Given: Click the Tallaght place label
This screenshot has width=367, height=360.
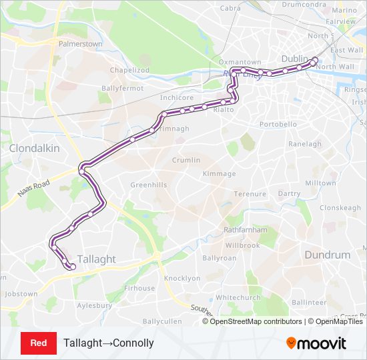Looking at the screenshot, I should [96, 259].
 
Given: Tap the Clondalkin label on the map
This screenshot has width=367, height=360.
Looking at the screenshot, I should [35, 148].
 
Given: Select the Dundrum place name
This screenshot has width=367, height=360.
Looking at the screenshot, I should [327, 255].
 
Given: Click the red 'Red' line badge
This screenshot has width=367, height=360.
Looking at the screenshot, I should [39, 343].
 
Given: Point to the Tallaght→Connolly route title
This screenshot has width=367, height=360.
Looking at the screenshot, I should [109, 343].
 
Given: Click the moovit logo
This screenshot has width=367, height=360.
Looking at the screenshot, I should [316, 343].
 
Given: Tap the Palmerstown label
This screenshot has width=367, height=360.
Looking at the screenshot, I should [81, 44].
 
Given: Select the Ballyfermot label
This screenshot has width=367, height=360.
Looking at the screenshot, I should [122, 88].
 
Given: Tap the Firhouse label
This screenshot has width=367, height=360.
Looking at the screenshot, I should [139, 289].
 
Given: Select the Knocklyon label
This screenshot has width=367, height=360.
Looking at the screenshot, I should [182, 278].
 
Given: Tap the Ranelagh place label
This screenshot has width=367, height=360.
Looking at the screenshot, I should [305, 144].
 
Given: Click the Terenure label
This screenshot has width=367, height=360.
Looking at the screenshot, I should [250, 194].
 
